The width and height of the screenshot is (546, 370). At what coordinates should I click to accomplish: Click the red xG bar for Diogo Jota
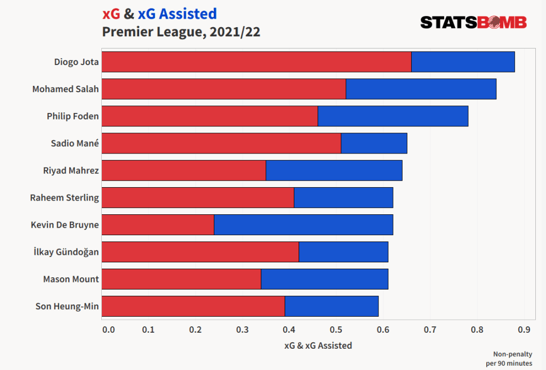[x=256, y=62]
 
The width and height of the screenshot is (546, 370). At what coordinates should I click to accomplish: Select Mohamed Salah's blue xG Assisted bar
[x=421, y=89]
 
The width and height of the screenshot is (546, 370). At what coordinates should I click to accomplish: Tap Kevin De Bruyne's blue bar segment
[x=303, y=224]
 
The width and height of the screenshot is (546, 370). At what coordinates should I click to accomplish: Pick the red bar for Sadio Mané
[x=221, y=143]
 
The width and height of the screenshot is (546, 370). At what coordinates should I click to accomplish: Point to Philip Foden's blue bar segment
[x=392, y=116]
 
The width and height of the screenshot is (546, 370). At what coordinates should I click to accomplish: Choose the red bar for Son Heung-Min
[x=193, y=307]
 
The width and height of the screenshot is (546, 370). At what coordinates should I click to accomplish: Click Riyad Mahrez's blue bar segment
[x=334, y=171]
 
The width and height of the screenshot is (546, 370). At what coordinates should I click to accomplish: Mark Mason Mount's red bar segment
[x=181, y=279]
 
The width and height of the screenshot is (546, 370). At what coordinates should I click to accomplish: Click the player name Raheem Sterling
[x=65, y=198]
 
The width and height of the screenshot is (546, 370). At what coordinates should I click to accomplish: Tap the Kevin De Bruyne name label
[x=65, y=225]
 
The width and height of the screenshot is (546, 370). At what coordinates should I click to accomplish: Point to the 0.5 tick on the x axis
[x=336, y=330]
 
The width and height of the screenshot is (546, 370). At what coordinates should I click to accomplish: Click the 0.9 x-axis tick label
[x=523, y=330]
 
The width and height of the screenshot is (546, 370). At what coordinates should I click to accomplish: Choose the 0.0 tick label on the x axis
[x=108, y=330]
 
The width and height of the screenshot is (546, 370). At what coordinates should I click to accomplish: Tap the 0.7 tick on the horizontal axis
[x=430, y=330]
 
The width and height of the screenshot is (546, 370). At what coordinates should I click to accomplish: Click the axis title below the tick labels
[x=318, y=345]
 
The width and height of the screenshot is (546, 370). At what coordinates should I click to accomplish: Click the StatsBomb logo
[x=473, y=22]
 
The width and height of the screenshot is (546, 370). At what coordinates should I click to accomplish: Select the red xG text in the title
[x=111, y=14]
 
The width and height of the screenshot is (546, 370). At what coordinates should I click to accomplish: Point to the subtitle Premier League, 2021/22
[x=181, y=32]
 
